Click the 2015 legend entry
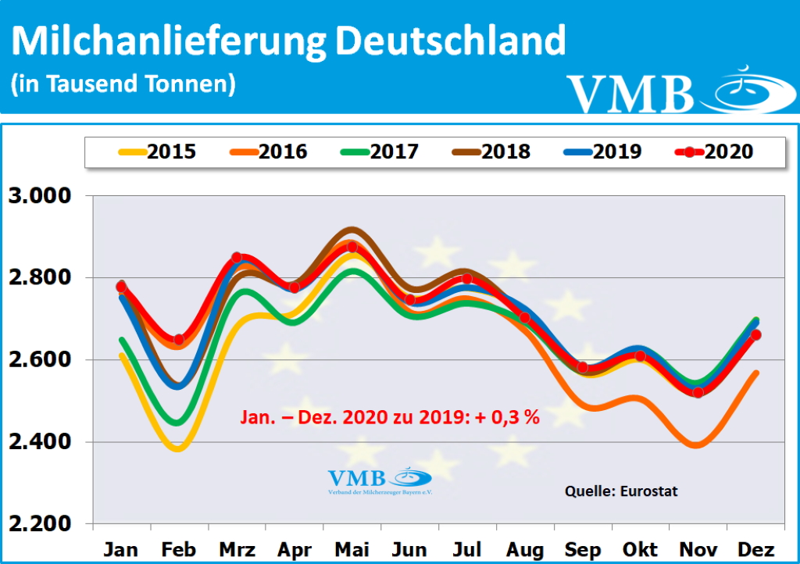point(159,152)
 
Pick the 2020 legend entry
point(716,152)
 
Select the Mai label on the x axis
point(353,550)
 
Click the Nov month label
point(698,550)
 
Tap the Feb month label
point(179,550)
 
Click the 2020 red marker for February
point(179,340)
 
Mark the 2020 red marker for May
point(352,248)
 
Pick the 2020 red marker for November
point(698,392)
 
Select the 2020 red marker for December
point(755,335)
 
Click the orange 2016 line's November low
point(698,445)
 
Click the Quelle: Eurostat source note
point(621,491)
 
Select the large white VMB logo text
point(630,94)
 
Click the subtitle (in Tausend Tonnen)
point(123,84)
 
